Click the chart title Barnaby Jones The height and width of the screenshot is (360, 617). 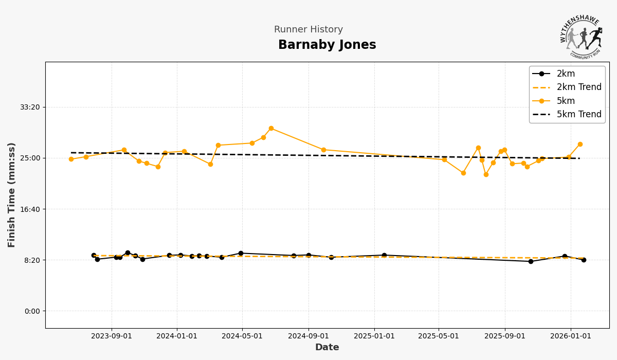tap(327, 45)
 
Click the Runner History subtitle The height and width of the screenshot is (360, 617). tap(308, 30)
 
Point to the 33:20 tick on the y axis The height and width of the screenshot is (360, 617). tap(30, 107)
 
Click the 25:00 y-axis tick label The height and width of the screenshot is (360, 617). tap(30, 158)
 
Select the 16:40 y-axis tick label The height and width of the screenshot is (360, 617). tap(30, 209)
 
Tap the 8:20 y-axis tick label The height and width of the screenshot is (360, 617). tap(32, 260)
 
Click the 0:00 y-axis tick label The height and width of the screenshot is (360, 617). tap(32, 311)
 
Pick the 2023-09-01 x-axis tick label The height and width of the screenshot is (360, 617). tap(112, 336)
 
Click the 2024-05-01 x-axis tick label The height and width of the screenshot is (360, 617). tap(242, 336)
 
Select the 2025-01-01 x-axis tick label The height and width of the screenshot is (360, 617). tap(374, 336)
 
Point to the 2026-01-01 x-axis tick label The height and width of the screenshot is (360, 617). tap(571, 336)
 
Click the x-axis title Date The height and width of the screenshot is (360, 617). tap(327, 348)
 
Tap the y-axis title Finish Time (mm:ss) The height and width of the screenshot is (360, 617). tap(12, 195)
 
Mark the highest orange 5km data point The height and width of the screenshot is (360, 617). tap(271, 129)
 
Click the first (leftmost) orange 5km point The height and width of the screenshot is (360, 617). tap(71, 159)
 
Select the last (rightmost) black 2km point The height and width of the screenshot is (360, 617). tap(584, 260)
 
